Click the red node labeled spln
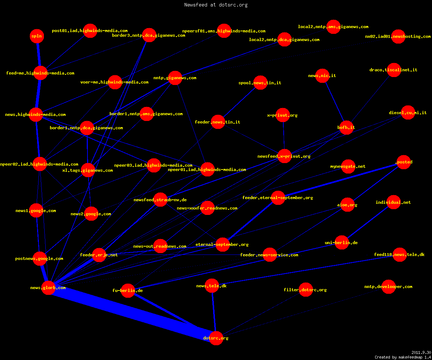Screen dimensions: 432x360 pos(37,36)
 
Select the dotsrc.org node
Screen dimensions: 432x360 pos(216,338)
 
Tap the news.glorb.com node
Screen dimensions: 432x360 pos(48,288)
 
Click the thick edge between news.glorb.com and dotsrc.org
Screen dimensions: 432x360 pos(132,313)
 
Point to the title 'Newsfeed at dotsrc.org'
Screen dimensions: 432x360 pos(216,5)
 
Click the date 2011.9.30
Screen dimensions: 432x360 pos(421,352)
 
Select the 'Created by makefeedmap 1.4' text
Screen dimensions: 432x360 pos(402,357)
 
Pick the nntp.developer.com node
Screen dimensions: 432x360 pos(388,287)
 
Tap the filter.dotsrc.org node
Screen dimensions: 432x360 pos(306,290)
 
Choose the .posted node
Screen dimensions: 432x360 pos(404,162)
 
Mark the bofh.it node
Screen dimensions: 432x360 pos(346,127)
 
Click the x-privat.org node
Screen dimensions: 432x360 pos(283,115)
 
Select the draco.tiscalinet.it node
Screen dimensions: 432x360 pos(394,70)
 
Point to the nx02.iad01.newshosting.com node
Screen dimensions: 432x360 pos(398,36)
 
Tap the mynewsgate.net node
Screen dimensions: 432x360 pos(348,166)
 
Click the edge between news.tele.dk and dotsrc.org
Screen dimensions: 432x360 pos(214,312)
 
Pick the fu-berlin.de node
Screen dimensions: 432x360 pos(128,291)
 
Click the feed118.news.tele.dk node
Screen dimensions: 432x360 pos(400,255)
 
